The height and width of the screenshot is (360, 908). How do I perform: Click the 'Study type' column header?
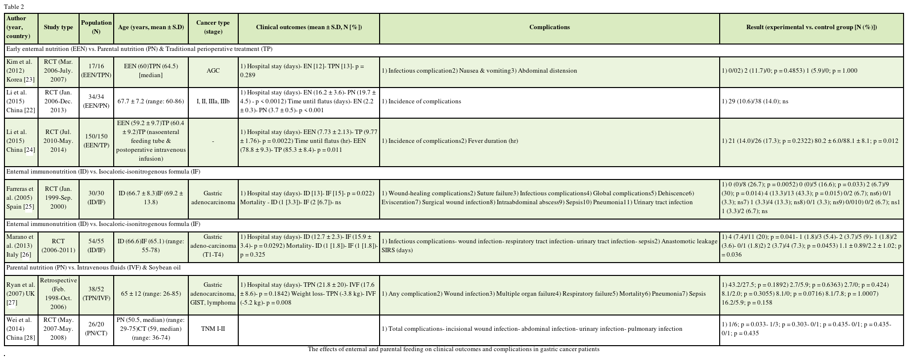(x=58, y=27)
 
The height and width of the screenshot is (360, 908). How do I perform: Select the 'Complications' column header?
(x=549, y=27)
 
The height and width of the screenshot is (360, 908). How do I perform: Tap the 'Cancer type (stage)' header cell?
(x=213, y=27)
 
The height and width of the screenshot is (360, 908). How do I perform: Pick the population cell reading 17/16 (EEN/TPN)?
(x=96, y=71)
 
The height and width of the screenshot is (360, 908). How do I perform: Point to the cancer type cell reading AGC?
(x=213, y=71)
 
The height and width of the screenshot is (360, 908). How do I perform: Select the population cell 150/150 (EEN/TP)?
(x=96, y=141)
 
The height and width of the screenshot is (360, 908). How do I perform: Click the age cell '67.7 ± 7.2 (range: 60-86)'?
(x=151, y=101)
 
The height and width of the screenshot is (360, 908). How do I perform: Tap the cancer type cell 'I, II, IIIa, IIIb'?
(x=213, y=101)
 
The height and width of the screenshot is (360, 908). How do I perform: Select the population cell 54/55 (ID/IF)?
(x=96, y=246)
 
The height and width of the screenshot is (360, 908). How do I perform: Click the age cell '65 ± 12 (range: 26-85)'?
(x=151, y=294)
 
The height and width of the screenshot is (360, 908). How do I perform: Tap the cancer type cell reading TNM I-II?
(x=213, y=329)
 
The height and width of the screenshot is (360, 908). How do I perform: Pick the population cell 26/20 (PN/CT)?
(x=96, y=329)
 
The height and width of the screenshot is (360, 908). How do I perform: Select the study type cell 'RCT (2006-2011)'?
(x=58, y=246)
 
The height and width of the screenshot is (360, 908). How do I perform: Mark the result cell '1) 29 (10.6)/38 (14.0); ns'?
(x=755, y=101)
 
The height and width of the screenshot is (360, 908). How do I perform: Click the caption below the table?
(x=453, y=349)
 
